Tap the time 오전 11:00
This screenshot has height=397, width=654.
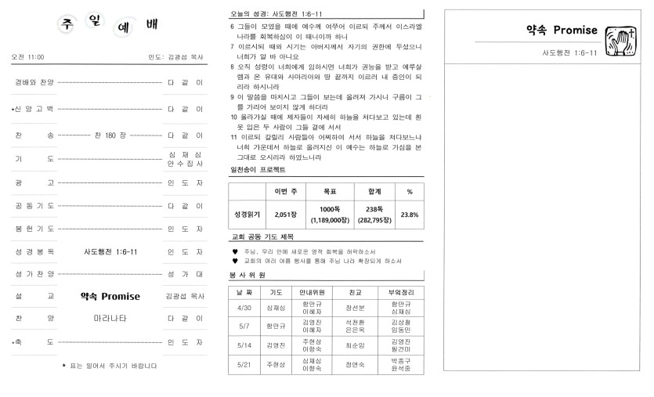point(28,57)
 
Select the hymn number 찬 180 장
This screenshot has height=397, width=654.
point(109,135)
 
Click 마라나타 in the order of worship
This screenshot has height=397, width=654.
point(110,319)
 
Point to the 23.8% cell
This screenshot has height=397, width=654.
point(409,215)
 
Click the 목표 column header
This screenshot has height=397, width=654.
point(330,192)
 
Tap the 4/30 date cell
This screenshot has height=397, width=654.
point(244,308)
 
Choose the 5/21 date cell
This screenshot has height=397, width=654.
point(244,364)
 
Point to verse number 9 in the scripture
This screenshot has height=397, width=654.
point(233,97)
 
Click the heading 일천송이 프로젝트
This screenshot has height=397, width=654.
point(258,170)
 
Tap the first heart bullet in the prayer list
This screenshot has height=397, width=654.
point(235,251)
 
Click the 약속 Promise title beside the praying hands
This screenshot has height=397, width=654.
point(562,31)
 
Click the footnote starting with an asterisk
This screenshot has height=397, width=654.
point(110,366)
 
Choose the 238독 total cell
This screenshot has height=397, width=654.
point(374,209)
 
